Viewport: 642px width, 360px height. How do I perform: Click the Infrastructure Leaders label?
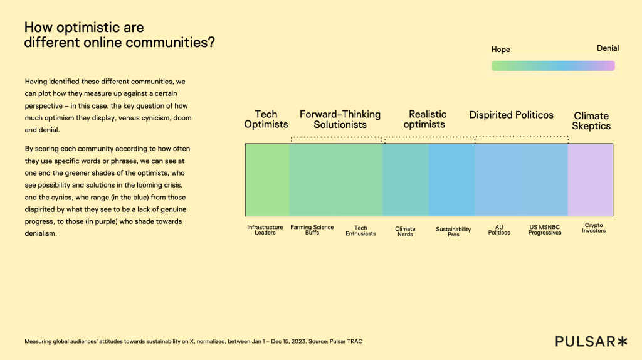tap(265, 230)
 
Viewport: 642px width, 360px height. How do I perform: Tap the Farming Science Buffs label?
tap(312, 230)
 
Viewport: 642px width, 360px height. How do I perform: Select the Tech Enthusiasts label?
tap(360, 231)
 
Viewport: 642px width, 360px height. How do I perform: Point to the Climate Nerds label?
tap(405, 231)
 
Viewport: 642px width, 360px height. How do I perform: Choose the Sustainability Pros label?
tap(453, 232)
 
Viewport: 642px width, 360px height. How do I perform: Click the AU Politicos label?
tap(499, 230)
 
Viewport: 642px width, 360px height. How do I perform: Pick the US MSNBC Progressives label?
tap(545, 230)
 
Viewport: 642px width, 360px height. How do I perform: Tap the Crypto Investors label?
tap(593, 228)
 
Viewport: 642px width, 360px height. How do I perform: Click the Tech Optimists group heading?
tap(266, 119)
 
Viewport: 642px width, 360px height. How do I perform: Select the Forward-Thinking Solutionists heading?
tap(340, 119)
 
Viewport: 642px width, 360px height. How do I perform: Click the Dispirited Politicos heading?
tap(512, 115)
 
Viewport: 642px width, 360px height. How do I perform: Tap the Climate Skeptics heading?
tap(591, 120)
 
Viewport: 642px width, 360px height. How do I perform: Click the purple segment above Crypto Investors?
tap(590, 179)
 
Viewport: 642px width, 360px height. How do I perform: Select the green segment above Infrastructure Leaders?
tap(268, 179)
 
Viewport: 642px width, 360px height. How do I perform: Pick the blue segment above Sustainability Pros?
tap(452, 179)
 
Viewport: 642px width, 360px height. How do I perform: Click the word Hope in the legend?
tap(500, 50)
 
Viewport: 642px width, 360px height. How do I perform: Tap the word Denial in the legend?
tap(608, 48)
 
